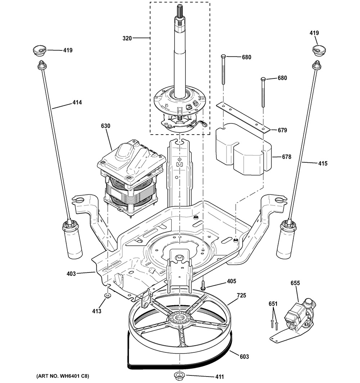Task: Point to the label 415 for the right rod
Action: tap(322, 163)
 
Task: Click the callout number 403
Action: tap(71, 274)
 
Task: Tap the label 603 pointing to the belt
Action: tap(244, 356)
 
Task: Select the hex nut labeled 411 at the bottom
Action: tap(179, 376)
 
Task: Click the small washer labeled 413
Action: tap(107, 296)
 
